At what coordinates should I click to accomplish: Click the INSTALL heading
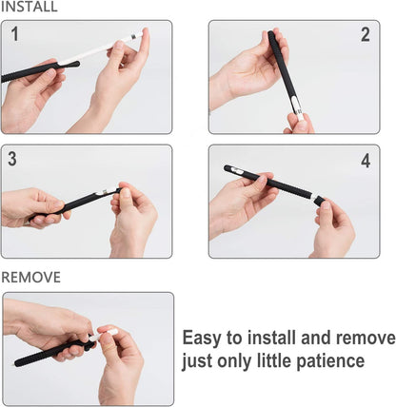tap(30, 7)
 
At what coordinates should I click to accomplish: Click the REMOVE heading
tap(30, 278)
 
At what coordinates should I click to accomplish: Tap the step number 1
tap(14, 34)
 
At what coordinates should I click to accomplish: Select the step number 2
tap(366, 34)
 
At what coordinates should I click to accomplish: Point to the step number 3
tap(12, 159)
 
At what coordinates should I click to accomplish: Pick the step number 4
tap(366, 161)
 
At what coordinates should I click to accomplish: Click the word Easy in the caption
tap(201, 339)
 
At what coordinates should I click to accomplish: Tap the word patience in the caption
tap(330, 361)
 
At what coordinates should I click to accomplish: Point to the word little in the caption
tap(274, 360)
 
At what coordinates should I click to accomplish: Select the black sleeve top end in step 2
tap(271, 33)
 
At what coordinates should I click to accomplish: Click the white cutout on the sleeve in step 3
tap(104, 191)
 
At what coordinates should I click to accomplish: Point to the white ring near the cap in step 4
tap(313, 198)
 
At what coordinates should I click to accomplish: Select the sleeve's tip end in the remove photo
tap(16, 363)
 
